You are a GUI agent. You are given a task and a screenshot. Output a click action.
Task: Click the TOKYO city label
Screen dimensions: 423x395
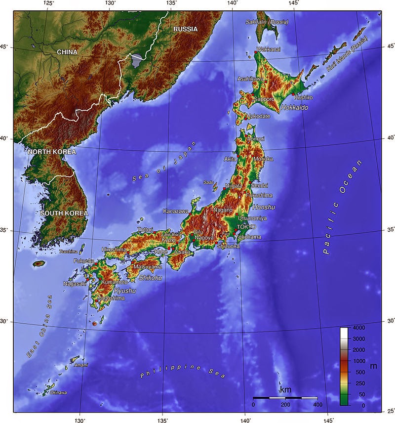click(x=246, y=226)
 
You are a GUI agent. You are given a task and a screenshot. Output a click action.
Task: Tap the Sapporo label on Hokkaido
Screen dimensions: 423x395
click(x=264, y=99)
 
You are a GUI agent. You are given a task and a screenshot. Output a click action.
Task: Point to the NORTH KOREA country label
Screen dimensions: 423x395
click(x=52, y=152)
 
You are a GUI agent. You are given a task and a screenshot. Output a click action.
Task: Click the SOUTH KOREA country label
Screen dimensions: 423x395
click(x=64, y=213)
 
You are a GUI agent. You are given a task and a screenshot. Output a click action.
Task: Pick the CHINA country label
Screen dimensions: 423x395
click(x=67, y=52)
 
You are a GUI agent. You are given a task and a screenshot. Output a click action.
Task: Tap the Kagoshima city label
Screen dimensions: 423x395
click(x=111, y=298)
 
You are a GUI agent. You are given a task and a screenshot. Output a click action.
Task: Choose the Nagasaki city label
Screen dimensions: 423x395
click(x=75, y=284)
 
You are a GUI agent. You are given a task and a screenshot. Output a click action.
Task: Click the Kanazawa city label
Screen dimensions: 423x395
click(x=176, y=211)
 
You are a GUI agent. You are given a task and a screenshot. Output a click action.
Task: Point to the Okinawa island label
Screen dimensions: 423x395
click(x=58, y=393)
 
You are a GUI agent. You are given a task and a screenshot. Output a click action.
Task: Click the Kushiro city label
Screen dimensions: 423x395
click(x=303, y=98)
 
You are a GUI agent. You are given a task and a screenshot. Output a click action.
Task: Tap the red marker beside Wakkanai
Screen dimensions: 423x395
click(x=255, y=52)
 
